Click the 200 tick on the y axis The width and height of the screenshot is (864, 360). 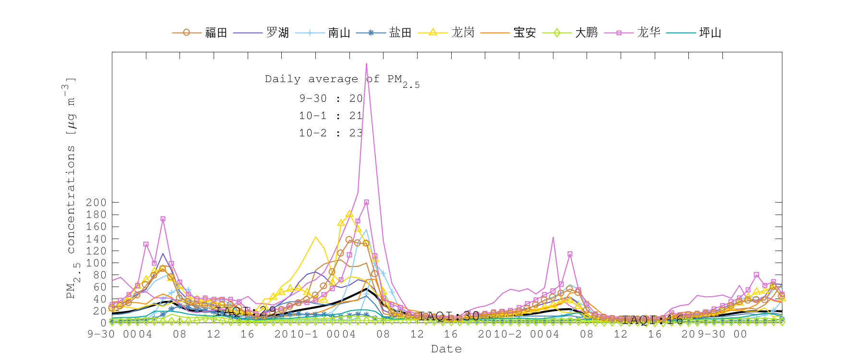coord(96,203)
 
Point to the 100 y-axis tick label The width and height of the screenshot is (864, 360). coord(96,263)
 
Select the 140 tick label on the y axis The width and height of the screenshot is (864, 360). coord(96,239)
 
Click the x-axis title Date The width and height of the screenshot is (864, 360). coord(446,349)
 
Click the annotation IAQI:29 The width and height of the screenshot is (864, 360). coord(245,311)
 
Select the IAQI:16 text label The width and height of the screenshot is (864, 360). coord(652,320)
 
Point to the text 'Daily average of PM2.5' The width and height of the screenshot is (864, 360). coord(342,80)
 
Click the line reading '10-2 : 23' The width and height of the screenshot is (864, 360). coord(331,133)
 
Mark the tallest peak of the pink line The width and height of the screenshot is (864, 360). coord(366,63)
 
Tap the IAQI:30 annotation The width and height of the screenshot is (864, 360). coord(449,316)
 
